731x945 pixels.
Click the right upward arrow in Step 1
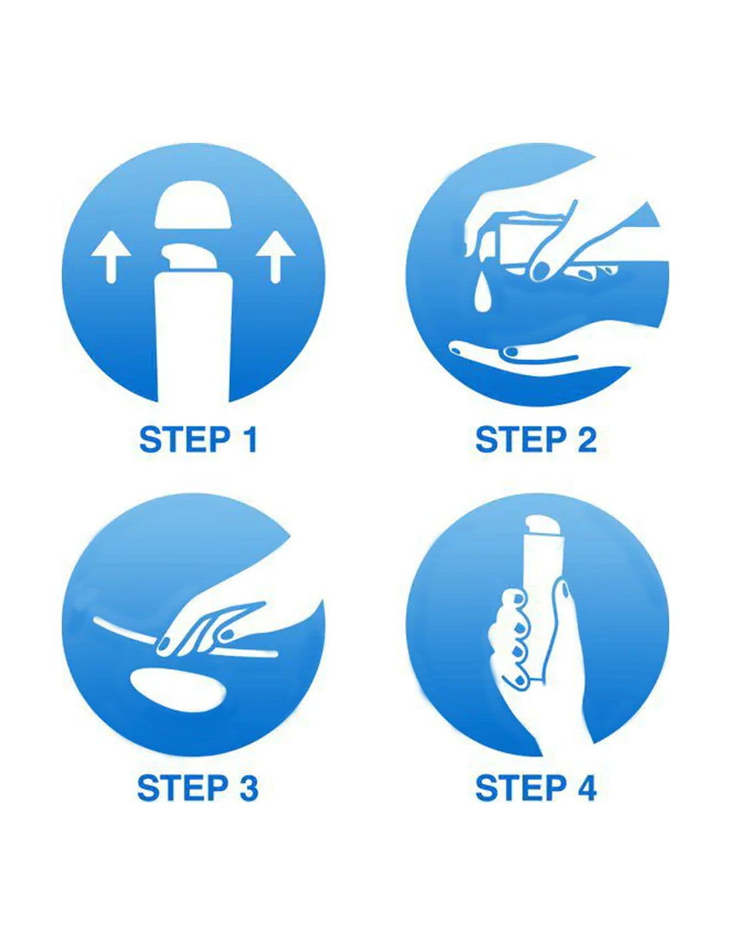pos(273,257)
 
